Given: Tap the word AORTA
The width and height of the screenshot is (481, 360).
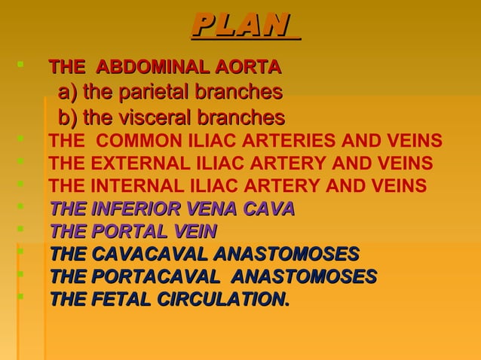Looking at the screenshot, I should click(247, 69).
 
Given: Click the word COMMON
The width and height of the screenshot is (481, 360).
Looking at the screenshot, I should click(133, 142).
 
